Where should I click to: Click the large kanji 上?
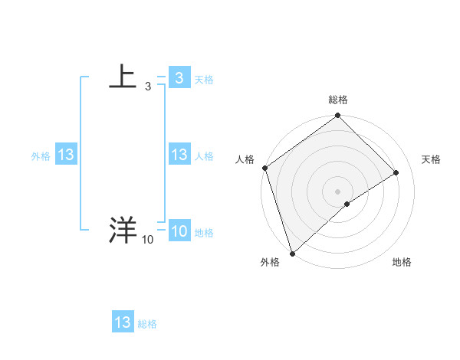click(123, 77)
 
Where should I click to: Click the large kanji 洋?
click(123, 230)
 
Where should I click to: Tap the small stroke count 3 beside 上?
click(147, 87)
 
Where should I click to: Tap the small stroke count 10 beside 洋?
click(147, 241)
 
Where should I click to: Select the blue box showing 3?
click(179, 78)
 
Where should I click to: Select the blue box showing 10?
click(179, 231)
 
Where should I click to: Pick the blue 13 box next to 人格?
click(179, 155)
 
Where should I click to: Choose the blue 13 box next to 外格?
click(66, 155)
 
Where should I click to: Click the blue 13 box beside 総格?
click(123, 322)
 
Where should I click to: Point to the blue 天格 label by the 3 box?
click(204, 80)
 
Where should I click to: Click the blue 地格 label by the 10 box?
click(204, 233)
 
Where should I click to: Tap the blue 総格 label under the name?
click(147, 324)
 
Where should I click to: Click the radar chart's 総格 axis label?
click(337, 100)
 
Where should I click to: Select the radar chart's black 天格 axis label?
click(431, 159)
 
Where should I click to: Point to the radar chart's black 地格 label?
click(402, 262)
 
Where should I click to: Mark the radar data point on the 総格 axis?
click(337, 116)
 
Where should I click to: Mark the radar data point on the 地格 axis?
click(347, 204)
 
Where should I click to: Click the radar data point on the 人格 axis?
click(264, 168)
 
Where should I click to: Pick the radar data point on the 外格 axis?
click(292, 252)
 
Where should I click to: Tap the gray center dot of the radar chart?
click(337, 191)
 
